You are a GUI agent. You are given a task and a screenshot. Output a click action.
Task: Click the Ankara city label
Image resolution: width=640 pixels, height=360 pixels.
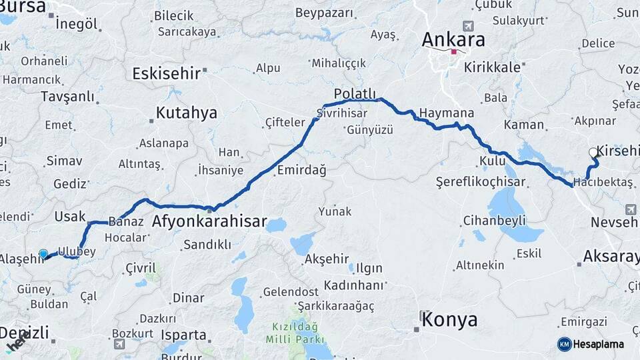tap(453, 40)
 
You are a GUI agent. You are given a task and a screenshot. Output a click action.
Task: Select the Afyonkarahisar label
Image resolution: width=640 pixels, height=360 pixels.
tap(209, 221)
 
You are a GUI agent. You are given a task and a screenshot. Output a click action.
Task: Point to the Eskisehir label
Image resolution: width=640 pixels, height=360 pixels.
tap(166, 73)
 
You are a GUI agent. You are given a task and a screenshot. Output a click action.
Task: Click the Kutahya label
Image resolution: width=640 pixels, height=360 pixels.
tap(186, 113)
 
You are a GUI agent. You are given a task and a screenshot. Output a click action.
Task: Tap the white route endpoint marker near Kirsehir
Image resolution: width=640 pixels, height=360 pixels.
tap(593, 153)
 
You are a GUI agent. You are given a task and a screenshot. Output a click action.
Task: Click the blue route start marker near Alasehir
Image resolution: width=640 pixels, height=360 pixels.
tap(43, 253)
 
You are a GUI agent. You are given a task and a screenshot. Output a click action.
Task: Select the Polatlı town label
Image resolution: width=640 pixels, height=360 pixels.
tap(355, 93)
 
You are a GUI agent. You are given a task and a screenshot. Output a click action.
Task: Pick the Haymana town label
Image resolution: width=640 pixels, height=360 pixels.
tap(447, 113)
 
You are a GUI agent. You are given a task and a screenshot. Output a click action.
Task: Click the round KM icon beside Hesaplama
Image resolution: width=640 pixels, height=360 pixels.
tap(565, 344)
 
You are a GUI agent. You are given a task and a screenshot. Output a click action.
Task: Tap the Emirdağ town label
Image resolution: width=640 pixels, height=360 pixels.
tap(302, 170)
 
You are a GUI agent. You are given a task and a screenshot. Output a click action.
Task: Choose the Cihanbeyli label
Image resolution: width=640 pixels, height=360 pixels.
tap(495, 220)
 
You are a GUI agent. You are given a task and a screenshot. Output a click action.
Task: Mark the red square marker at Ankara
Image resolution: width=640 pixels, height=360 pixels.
tap(454, 51)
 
